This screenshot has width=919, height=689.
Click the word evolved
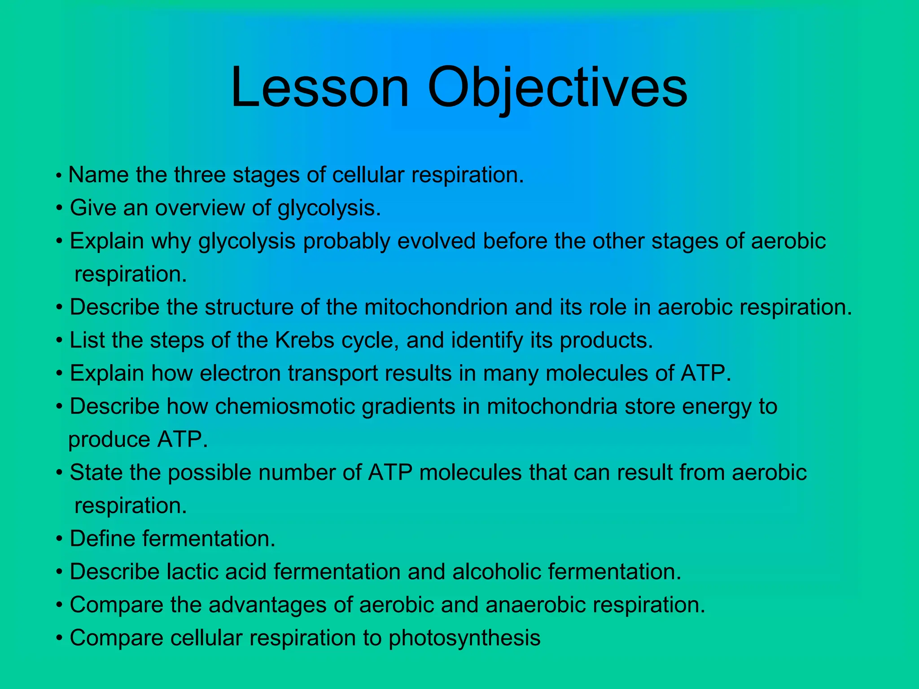[436, 241]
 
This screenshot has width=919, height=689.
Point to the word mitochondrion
[436, 307]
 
